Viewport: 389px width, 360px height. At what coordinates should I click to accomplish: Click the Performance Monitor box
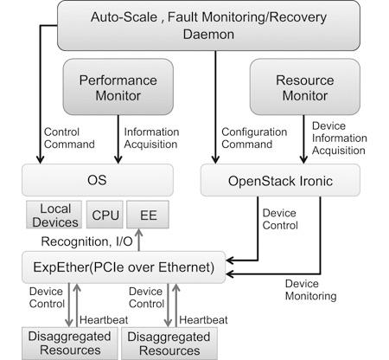pyautogui.click(x=118, y=87)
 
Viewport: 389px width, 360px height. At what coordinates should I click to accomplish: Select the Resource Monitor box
pyautogui.click(x=305, y=87)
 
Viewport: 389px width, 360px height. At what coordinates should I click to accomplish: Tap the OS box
pyautogui.click(x=98, y=180)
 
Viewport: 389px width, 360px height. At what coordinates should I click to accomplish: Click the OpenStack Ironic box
pyautogui.click(x=280, y=180)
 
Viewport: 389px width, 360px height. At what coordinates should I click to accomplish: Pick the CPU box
pyautogui.click(x=105, y=215)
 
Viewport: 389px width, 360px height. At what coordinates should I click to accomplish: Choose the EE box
pyautogui.click(x=148, y=215)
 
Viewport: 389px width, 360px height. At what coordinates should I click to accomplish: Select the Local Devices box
pyautogui.click(x=54, y=215)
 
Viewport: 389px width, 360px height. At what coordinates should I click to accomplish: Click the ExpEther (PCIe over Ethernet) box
pyautogui.click(x=124, y=267)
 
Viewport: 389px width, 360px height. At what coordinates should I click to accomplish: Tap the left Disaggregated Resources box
pyautogui.click(x=70, y=344)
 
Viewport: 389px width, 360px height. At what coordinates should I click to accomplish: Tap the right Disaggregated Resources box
pyautogui.click(x=169, y=344)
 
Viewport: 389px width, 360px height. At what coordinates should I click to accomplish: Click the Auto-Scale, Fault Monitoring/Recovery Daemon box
pyautogui.click(x=208, y=26)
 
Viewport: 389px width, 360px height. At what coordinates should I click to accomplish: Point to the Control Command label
pyautogui.click(x=69, y=138)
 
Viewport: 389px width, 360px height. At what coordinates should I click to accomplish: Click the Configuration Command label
pyautogui.click(x=254, y=138)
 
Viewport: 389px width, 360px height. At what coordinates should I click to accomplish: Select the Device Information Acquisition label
pyautogui.click(x=340, y=138)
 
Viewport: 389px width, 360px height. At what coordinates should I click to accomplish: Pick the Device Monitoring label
pyautogui.click(x=310, y=290)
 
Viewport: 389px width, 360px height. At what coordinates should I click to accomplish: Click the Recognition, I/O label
pyautogui.click(x=86, y=241)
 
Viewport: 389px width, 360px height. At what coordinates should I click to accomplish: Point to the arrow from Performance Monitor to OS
pyautogui.click(x=118, y=139)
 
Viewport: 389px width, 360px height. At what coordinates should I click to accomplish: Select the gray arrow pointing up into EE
pyautogui.click(x=139, y=240)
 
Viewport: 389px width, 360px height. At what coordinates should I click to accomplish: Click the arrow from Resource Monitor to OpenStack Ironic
pyautogui.click(x=303, y=139)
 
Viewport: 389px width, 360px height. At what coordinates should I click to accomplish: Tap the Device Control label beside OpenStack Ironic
pyautogui.click(x=280, y=219)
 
